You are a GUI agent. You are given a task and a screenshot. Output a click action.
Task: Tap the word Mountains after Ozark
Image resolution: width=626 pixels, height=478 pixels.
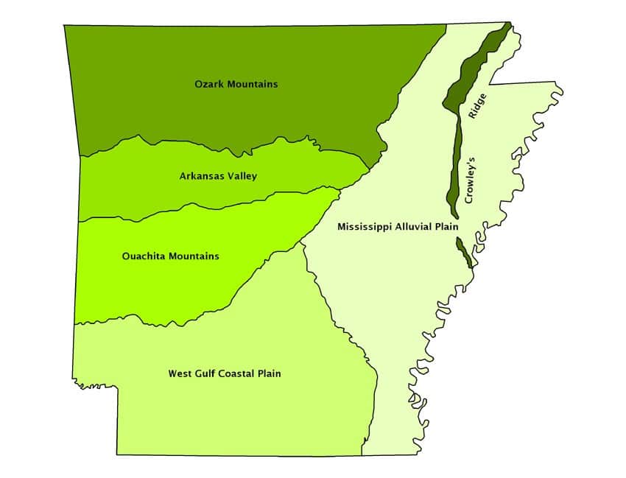[x=253, y=84]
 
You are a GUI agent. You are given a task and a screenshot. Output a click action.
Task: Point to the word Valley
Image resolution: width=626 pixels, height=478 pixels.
[x=242, y=176]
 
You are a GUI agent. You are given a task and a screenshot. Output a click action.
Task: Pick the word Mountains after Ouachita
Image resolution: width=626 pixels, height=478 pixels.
[x=193, y=256]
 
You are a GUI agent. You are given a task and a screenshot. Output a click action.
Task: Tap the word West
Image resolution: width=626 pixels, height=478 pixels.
[x=180, y=374]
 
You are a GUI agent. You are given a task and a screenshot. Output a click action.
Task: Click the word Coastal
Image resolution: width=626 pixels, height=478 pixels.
[x=240, y=374]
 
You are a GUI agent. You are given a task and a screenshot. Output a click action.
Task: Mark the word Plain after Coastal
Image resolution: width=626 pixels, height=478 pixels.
[x=270, y=374]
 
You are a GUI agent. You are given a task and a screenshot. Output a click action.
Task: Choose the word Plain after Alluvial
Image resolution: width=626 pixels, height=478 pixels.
[x=449, y=227]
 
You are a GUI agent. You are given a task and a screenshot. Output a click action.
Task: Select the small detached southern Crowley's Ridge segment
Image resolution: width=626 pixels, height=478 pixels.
[x=463, y=252]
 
